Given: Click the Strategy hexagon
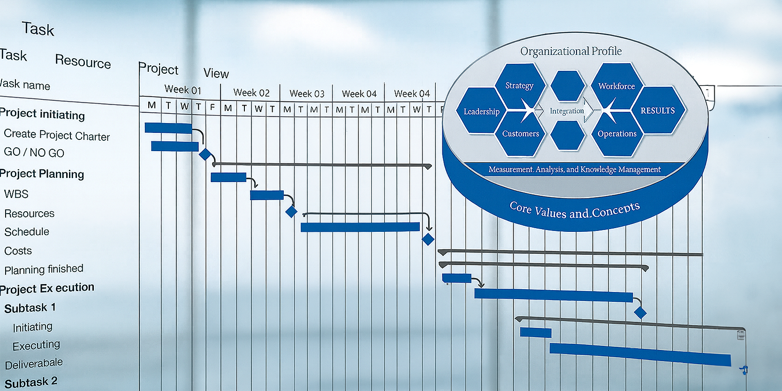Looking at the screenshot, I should [x=519, y=86].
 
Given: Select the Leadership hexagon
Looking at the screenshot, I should [x=481, y=112].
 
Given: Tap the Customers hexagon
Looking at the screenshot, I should [x=521, y=134].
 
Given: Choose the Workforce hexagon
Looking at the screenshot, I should [x=616, y=86].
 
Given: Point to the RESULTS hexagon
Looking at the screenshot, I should [x=658, y=111].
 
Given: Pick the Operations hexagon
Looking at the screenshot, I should [x=617, y=134].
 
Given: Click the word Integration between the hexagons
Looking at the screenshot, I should [x=567, y=111].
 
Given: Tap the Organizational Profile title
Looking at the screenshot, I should [x=571, y=51].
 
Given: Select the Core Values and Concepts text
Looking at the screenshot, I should [x=575, y=210].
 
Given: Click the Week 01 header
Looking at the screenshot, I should [x=182, y=90].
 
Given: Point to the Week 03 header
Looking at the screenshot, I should [x=307, y=93].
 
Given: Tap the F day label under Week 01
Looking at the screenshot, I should [x=213, y=107].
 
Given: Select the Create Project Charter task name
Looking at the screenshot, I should [x=57, y=135].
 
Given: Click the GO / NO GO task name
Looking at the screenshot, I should [x=34, y=153].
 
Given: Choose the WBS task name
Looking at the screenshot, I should [x=16, y=194].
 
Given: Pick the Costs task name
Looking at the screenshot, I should [x=18, y=251].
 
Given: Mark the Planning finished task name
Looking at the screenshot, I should [x=44, y=269].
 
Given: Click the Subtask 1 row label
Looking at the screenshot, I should [x=30, y=308].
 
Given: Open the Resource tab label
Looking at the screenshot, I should [x=83, y=61].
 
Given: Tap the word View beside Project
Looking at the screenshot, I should [x=216, y=73].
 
